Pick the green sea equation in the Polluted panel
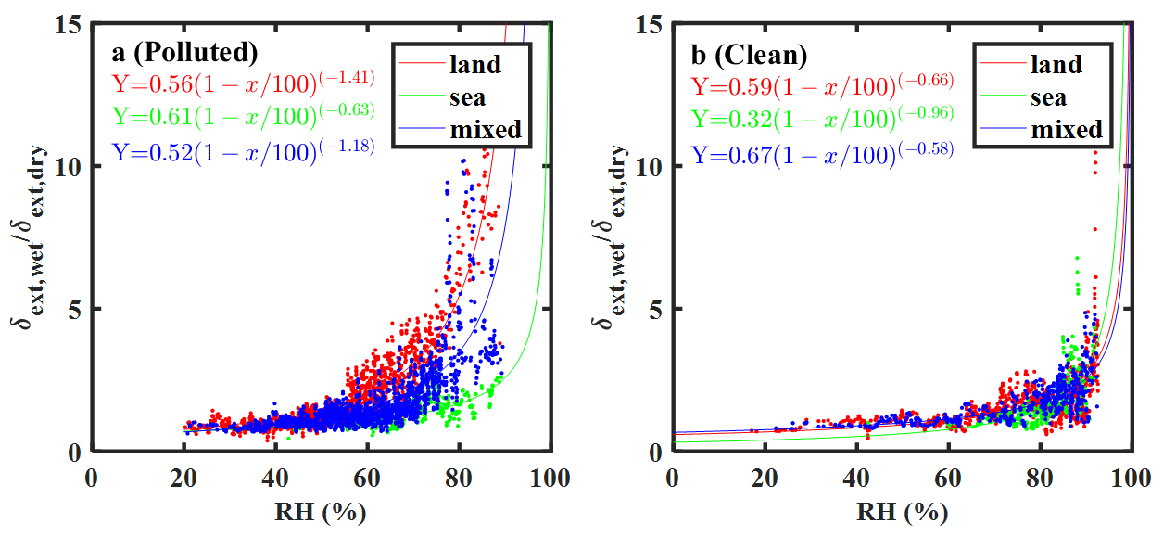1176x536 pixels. [244, 114]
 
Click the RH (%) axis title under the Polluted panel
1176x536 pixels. [322, 511]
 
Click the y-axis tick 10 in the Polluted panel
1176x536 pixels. [67, 167]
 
